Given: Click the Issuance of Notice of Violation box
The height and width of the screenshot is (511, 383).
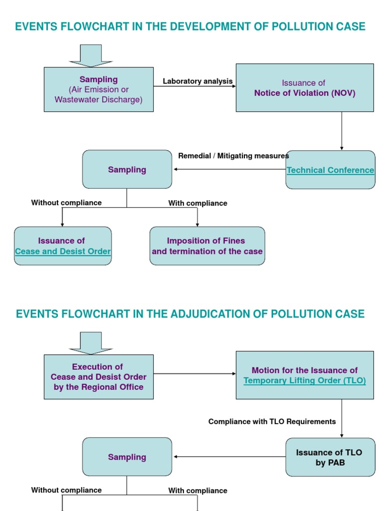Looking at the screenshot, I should (304, 87).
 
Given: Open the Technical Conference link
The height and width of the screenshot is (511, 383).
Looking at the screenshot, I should (330, 170).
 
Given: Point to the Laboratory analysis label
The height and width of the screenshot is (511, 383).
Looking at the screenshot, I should (197, 81).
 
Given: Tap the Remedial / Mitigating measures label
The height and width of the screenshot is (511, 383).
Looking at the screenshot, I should (233, 156).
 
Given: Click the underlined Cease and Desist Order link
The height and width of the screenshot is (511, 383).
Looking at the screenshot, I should (63, 252).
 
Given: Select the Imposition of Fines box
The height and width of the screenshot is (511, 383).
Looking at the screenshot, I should (207, 246).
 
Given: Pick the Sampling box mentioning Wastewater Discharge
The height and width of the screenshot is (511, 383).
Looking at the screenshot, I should (98, 89).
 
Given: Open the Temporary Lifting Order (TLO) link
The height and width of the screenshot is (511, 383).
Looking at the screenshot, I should (304, 381).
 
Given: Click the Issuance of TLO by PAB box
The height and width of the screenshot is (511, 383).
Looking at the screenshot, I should (330, 457).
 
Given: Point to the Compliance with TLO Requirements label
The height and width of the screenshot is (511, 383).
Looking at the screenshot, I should (272, 422).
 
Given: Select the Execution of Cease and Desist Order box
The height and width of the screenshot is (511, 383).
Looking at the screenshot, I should (98, 377).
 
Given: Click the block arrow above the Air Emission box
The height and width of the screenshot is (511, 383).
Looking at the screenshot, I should (91, 55).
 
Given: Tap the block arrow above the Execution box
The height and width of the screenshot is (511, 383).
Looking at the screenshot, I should (91, 343).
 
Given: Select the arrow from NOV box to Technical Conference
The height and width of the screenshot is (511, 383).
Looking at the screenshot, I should (342, 131).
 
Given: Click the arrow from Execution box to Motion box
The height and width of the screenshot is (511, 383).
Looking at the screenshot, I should (194, 374).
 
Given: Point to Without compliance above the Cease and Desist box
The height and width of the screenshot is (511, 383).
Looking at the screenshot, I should (66, 203).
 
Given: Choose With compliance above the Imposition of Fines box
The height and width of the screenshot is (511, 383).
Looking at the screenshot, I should (197, 203).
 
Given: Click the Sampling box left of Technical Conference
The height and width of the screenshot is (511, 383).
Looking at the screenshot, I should (127, 170).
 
